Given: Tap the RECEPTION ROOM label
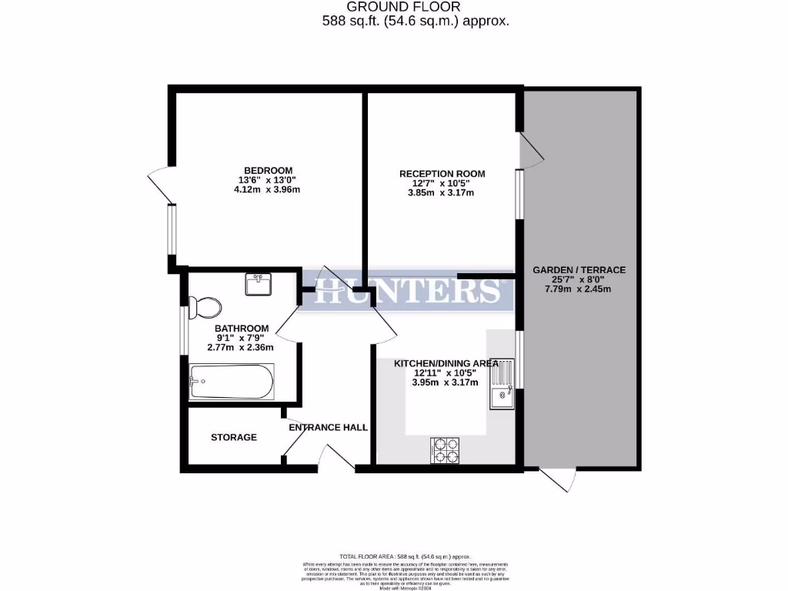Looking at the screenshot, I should [x=442, y=174].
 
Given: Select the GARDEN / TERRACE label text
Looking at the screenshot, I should [x=579, y=270].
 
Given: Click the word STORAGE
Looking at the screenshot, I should [x=234, y=437].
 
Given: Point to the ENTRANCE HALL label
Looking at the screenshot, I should [x=328, y=427].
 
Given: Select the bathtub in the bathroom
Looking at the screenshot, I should [x=230, y=381].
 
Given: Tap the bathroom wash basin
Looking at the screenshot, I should [x=258, y=284].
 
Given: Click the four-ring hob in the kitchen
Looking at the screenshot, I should [x=446, y=450].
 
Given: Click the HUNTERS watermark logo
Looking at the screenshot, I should [x=408, y=291].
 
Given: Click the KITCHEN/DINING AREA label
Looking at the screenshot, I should [x=446, y=363].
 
